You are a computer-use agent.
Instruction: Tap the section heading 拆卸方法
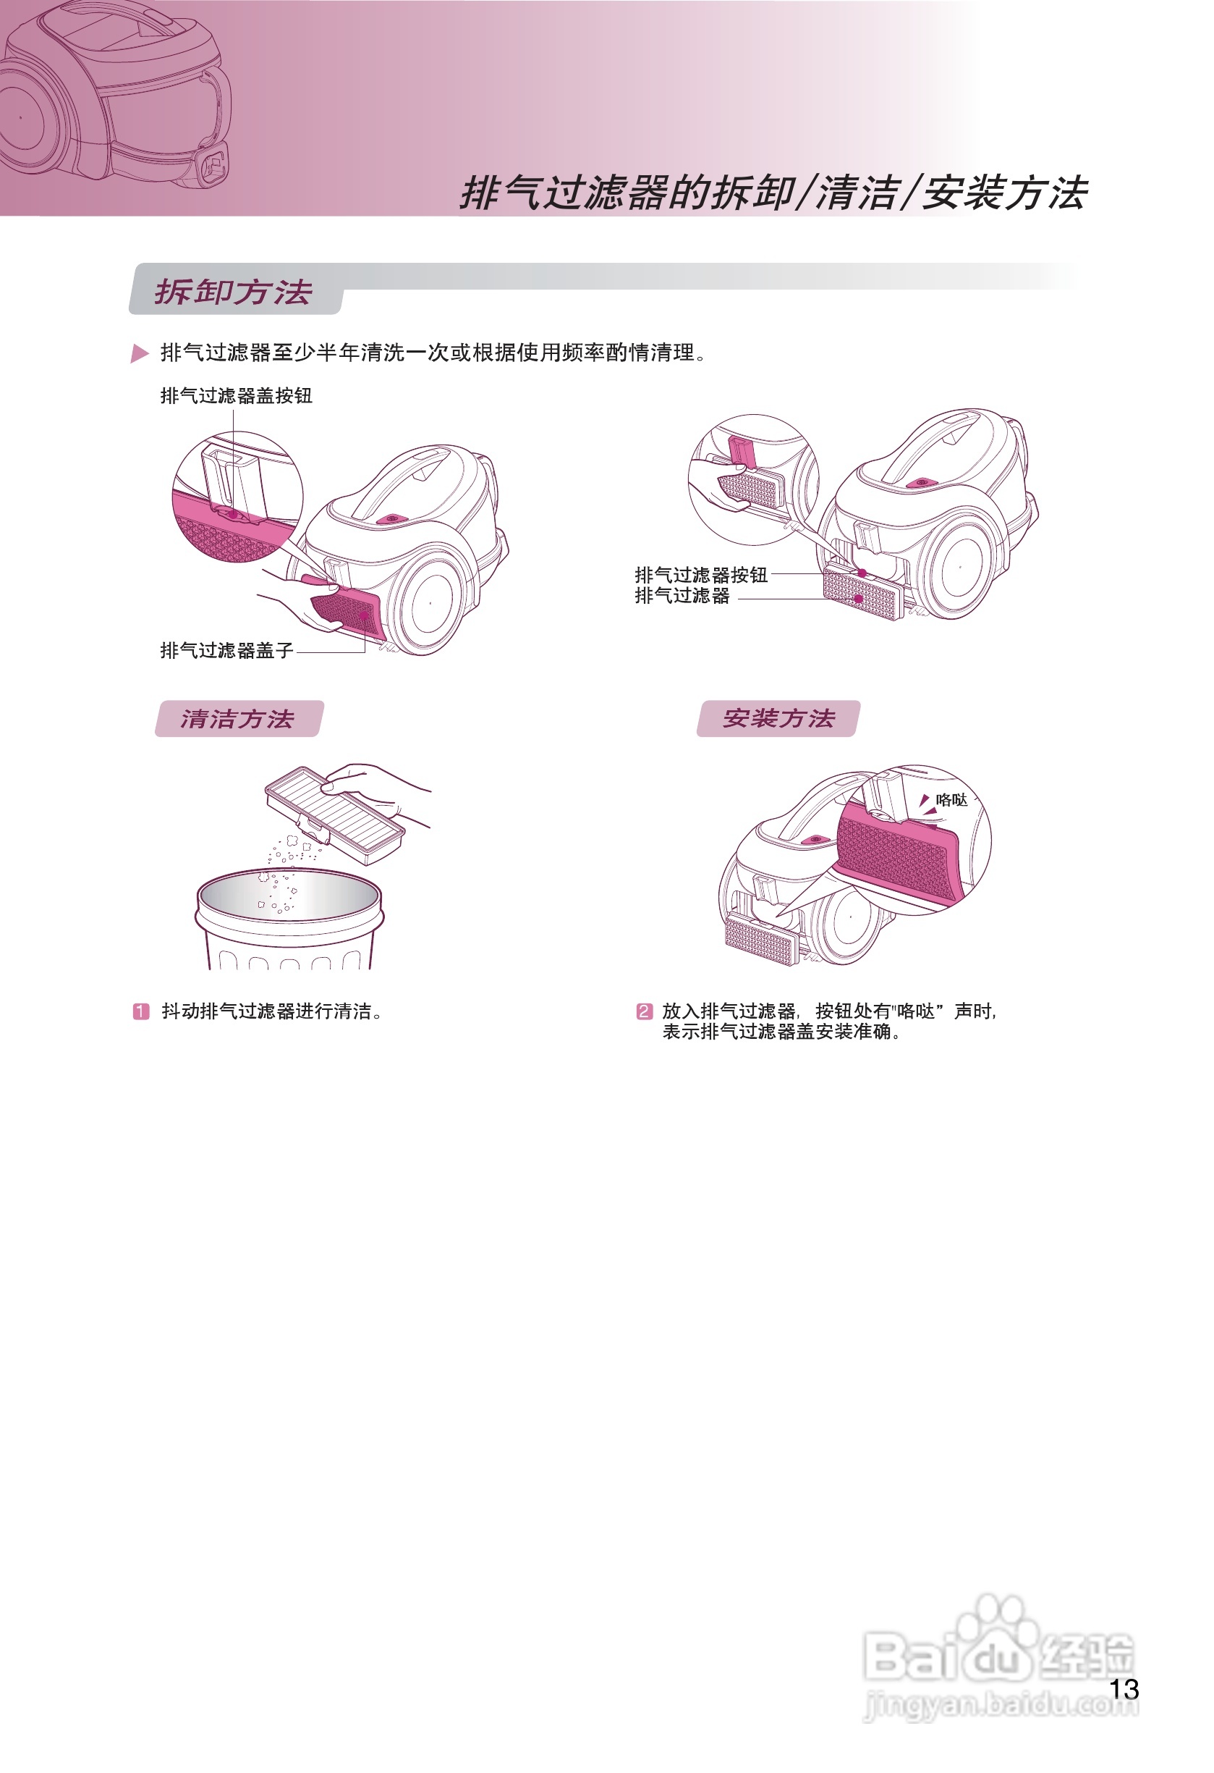point(234,292)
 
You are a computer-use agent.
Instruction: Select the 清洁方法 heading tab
point(238,719)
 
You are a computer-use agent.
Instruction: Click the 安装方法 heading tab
point(778,719)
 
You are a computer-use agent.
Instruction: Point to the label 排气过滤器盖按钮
point(236,395)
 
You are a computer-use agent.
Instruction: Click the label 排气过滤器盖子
point(226,650)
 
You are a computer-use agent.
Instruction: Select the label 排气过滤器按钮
point(701,575)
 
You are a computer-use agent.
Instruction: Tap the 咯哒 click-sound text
point(951,799)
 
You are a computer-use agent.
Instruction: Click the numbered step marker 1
point(141,1011)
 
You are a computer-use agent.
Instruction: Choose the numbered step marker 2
point(645,1011)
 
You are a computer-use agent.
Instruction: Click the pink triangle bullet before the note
point(140,353)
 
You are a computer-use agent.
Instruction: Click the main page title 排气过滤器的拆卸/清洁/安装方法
point(773,193)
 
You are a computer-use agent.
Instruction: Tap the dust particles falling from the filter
point(286,869)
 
